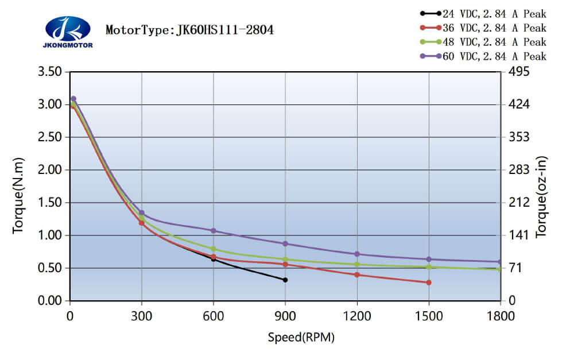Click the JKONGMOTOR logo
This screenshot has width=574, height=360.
click(67, 31)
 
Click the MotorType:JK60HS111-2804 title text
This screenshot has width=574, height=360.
click(189, 30)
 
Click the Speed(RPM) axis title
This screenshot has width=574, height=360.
click(301, 338)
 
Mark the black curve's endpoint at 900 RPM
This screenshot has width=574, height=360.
click(285, 280)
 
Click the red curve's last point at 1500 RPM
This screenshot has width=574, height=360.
click(429, 282)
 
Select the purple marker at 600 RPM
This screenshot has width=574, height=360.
click(214, 231)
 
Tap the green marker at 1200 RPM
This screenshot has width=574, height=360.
click(357, 265)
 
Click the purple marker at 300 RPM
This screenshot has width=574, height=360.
click(142, 212)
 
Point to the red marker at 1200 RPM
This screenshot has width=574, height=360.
click(357, 274)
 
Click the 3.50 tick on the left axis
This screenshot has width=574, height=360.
click(49, 72)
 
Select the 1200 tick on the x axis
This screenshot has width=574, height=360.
click(357, 315)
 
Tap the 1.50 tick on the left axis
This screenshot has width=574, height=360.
click(49, 203)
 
